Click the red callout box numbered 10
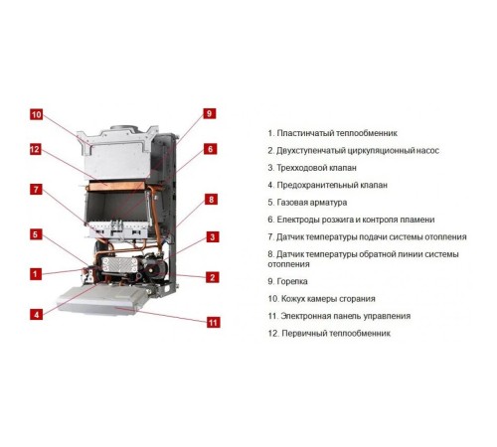[x=37, y=115]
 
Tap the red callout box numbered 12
[x=35, y=149]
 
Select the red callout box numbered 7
[x=36, y=190]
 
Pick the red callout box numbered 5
[x=36, y=234]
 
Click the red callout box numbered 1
[x=36, y=274]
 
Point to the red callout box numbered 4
[x=37, y=314]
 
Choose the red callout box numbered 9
[x=209, y=114]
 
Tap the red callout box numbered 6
[x=210, y=149]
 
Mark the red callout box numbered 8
[x=211, y=200]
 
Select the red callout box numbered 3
[x=213, y=237]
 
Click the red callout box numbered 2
[x=213, y=277]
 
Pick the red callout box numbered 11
[x=214, y=322]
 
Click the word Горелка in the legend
[x=292, y=281]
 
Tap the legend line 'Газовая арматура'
[x=307, y=203]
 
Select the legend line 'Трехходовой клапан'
[x=312, y=168]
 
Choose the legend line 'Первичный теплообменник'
[x=329, y=334]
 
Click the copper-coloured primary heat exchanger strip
[x=116, y=186]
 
